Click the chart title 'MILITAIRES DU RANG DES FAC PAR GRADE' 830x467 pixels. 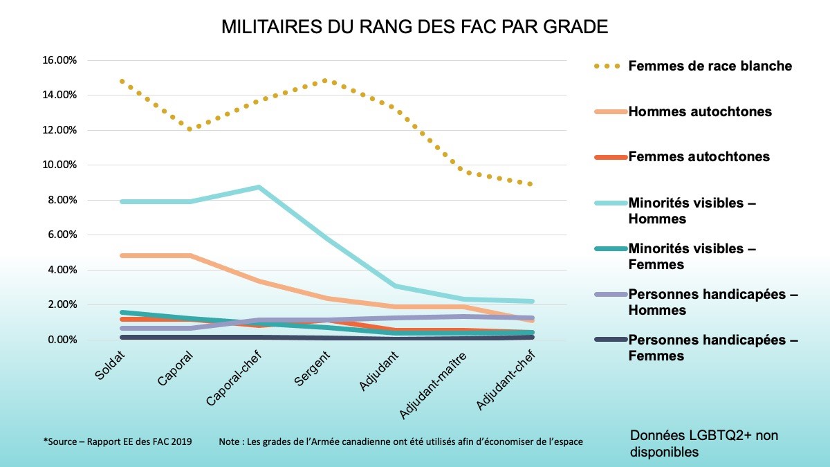coord(414,28)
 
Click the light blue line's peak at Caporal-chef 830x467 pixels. coord(258,187)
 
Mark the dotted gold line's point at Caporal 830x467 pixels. coord(190,129)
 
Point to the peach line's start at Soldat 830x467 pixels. coord(122,255)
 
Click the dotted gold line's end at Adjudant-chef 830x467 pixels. coord(530,184)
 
